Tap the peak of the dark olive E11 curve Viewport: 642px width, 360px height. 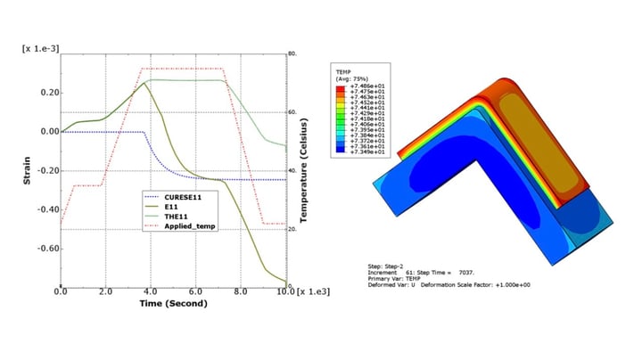145,83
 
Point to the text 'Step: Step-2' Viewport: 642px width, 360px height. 390,266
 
